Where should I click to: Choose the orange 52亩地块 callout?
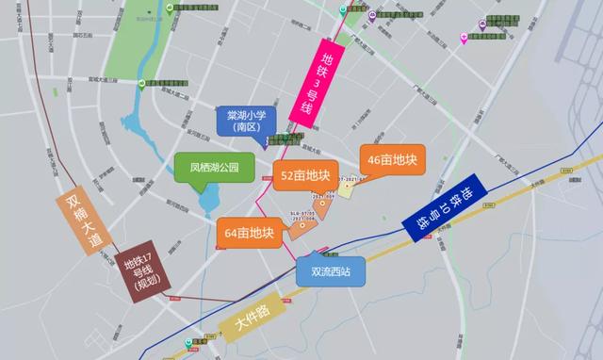click(305, 175)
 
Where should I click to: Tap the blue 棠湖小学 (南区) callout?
click(245, 123)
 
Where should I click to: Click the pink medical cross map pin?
click(464, 37)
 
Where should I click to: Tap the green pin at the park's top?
click(169, 8)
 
